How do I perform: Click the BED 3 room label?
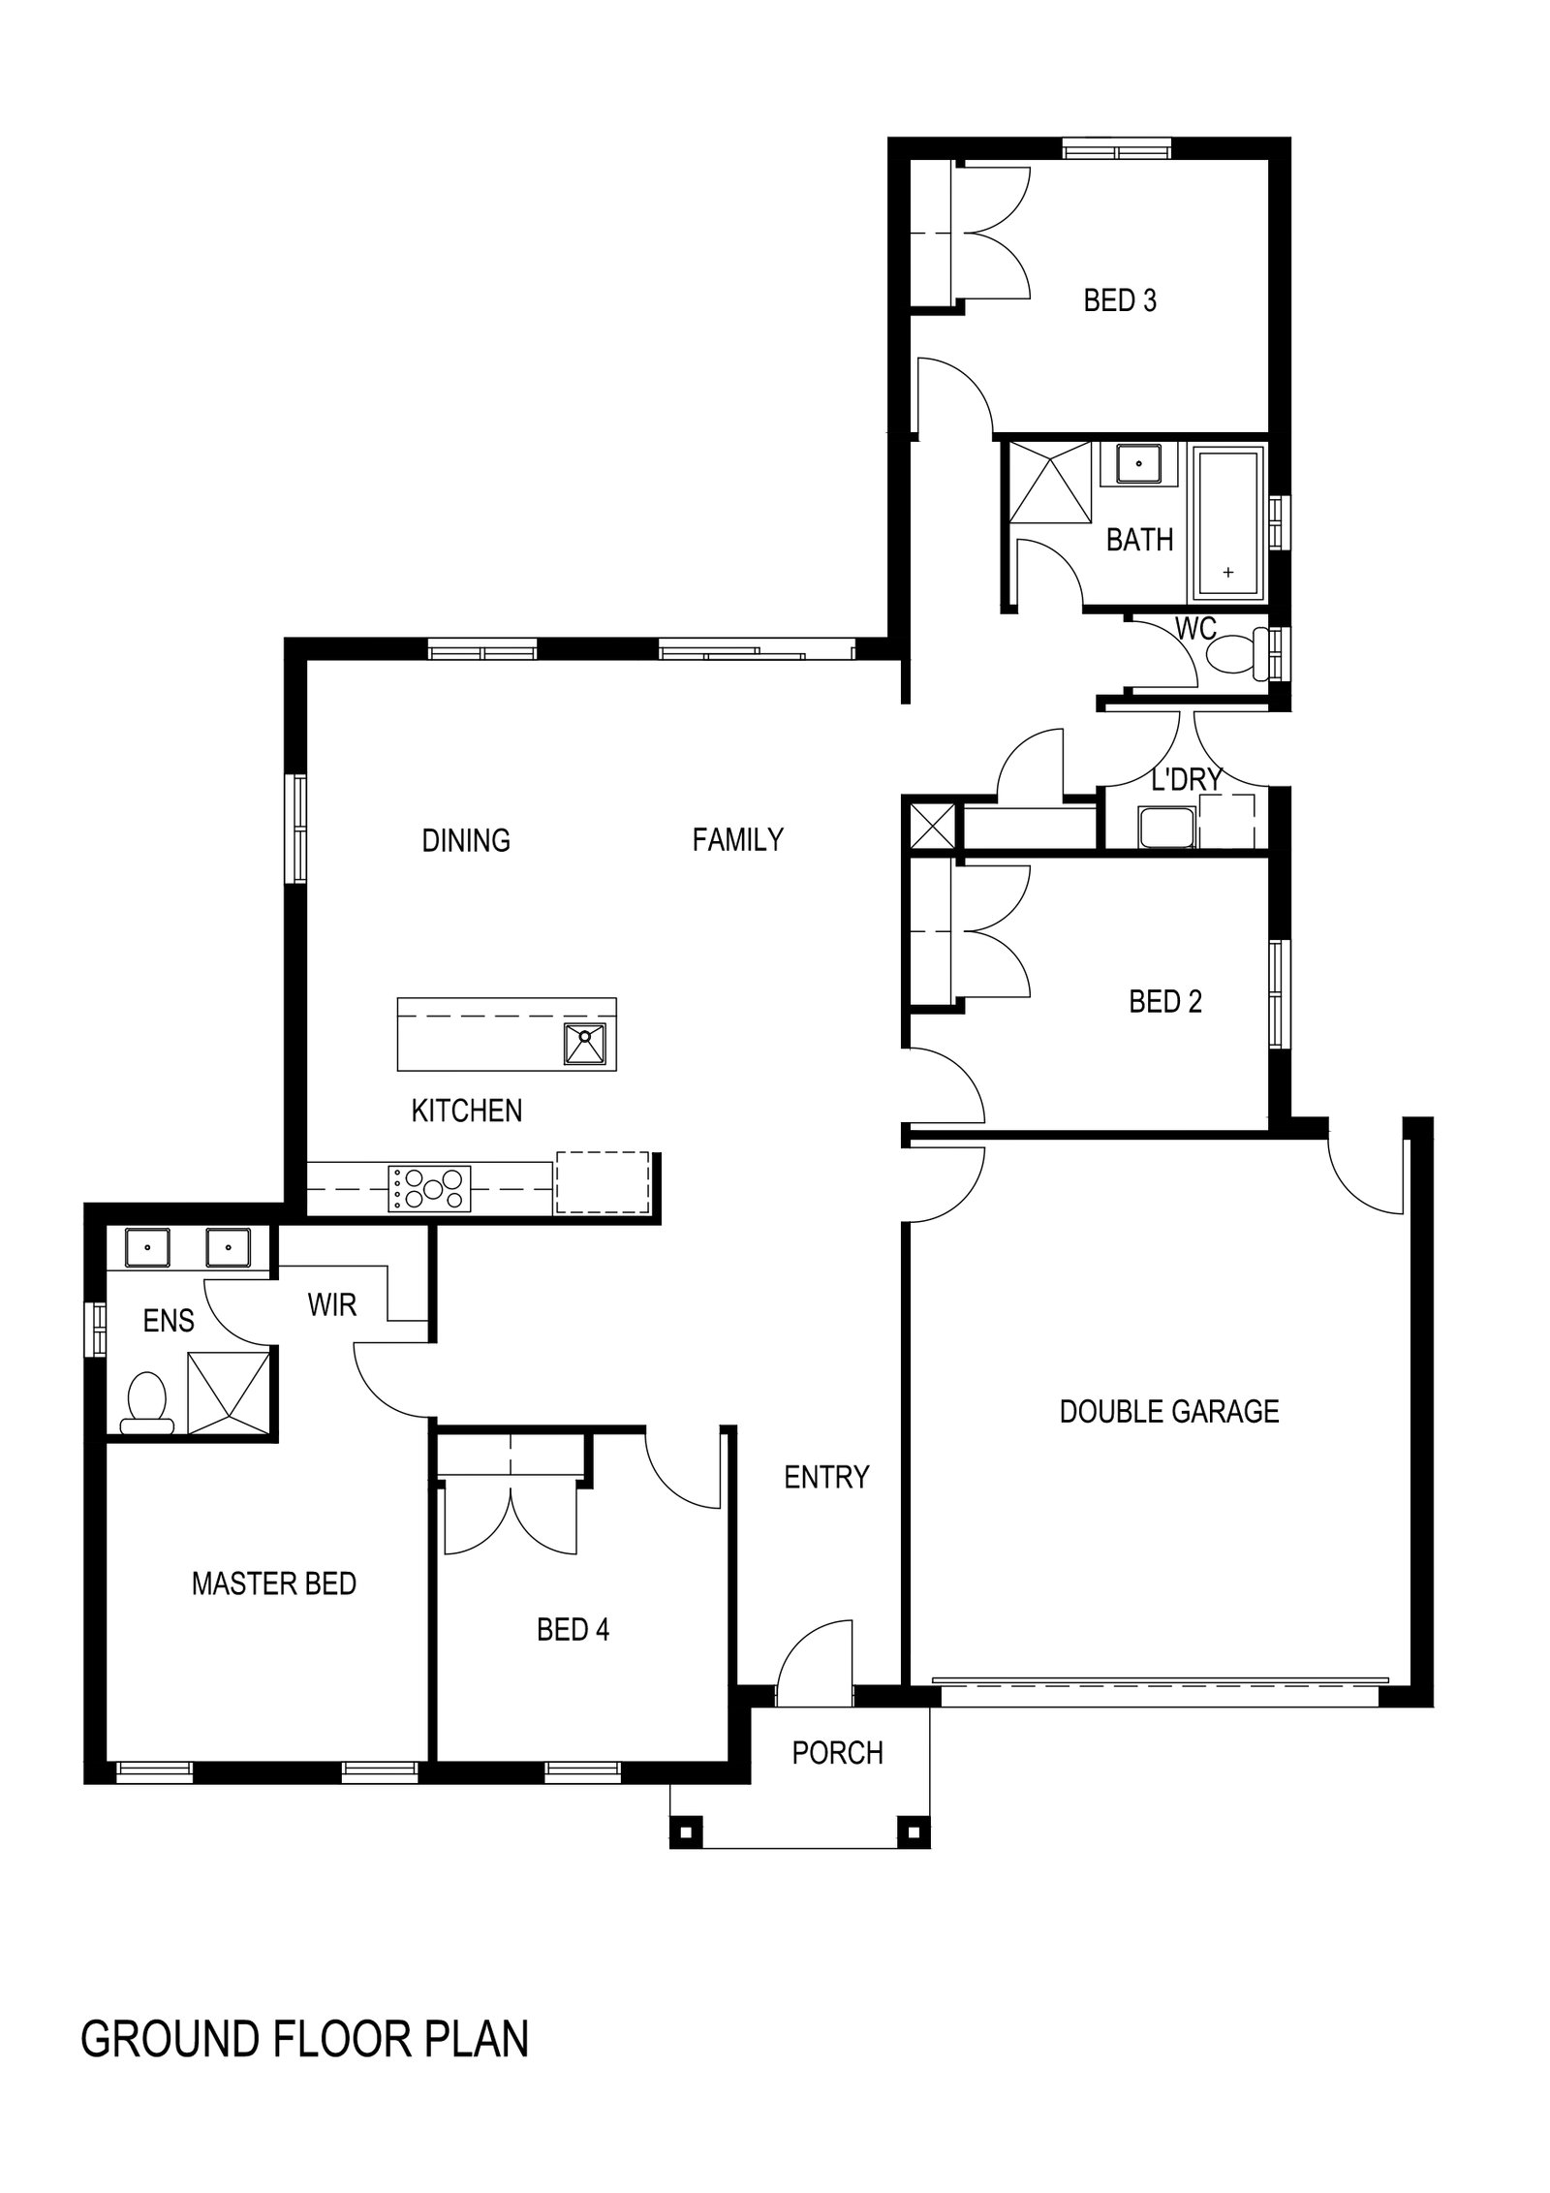pos(1120,300)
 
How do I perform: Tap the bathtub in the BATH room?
pos(1227,523)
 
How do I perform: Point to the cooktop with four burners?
pos(429,1188)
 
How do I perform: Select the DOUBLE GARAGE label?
pos(1168,1411)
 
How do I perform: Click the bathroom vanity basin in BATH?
pos(1140,463)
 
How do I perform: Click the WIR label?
pos(332,1305)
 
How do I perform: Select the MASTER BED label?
pos(273,1583)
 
